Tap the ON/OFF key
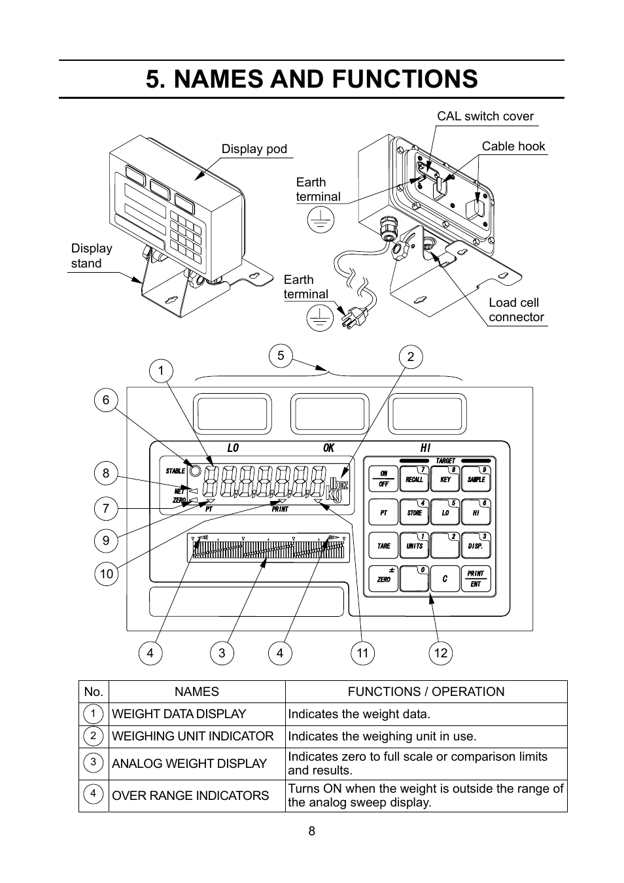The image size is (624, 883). click(383, 479)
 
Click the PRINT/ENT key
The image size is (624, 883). click(476, 579)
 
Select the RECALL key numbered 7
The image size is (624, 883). click(414, 479)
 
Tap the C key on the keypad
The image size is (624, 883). click(445, 579)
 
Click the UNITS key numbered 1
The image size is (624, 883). click(414, 545)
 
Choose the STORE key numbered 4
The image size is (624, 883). click(414, 512)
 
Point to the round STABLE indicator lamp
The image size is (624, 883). click(195, 471)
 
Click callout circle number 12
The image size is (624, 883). click(441, 653)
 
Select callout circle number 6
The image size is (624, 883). click(106, 400)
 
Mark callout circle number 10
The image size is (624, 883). click(106, 574)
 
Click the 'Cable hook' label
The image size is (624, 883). click(513, 147)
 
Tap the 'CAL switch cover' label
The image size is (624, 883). click(485, 116)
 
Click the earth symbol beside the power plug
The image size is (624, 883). click(319, 318)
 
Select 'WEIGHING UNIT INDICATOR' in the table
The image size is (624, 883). click(192, 736)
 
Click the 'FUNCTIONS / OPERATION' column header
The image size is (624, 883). click(426, 692)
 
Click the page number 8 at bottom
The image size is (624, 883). click(312, 831)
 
